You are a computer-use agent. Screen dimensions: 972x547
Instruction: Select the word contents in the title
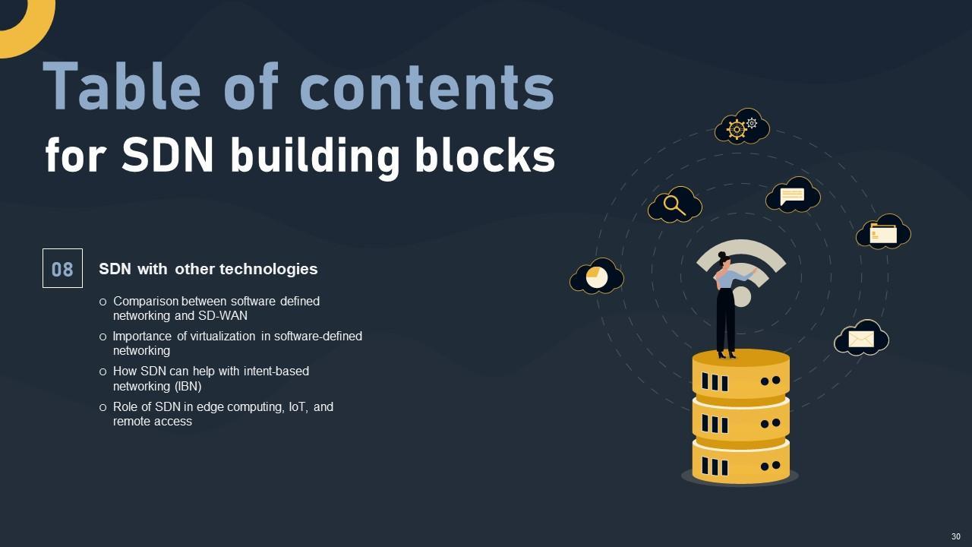pyautogui.click(x=427, y=87)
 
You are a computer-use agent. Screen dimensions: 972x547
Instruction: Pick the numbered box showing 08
pyautogui.click(x=62, y=268)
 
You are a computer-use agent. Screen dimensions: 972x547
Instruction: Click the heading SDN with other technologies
pyautogui.click(x=208, y=269)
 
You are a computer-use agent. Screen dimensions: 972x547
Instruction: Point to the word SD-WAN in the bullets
pyautogui.click(x=222, y=315)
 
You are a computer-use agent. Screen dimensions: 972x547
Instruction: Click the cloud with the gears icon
pyautogui.click(x=741, y=127)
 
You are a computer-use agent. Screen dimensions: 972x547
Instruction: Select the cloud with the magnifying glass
pyautogui.click(x=674, y=204)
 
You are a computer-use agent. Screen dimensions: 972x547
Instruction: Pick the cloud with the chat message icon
pyautogui.click(x=792, y=195)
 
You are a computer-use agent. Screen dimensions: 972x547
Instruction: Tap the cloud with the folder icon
pyautogui.click(x=883, y=232)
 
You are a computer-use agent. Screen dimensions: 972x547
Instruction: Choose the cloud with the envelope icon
pyautogui.click(x=861, y=339)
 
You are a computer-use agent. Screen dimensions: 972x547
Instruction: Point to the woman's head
pyautogui.click(x=723, y=259)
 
